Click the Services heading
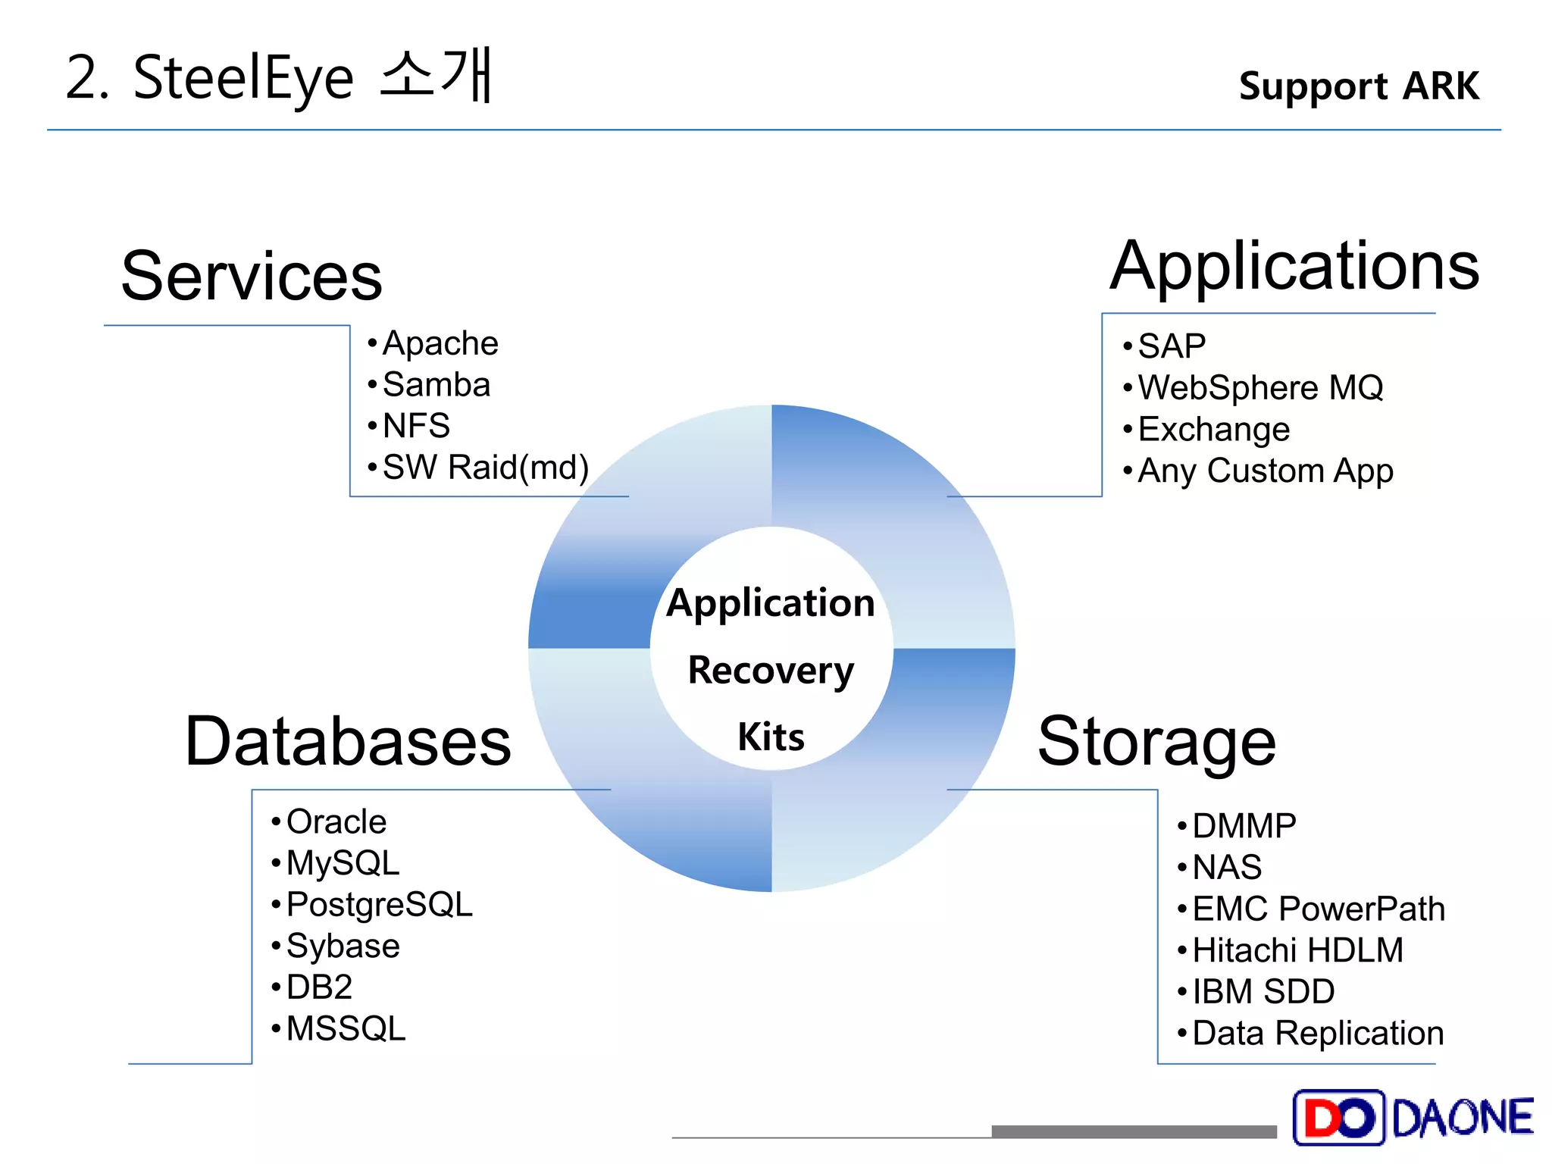[252, 276]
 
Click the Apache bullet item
[440, 343]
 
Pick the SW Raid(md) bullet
[485, 468]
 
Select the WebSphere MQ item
[1260, 388]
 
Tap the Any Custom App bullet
[1266, 471]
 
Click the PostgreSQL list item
[379, 905]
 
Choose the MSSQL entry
[346, 1029]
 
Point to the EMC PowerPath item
[1318, 909]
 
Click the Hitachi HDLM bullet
[1297, 950]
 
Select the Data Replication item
[1318, 1034]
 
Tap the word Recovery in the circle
[771, 671]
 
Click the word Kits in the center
[771, 737]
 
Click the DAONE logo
[1413, 1117]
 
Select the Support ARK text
[1358, 86]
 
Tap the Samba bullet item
[436, 385]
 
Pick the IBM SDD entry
[1263, 992]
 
